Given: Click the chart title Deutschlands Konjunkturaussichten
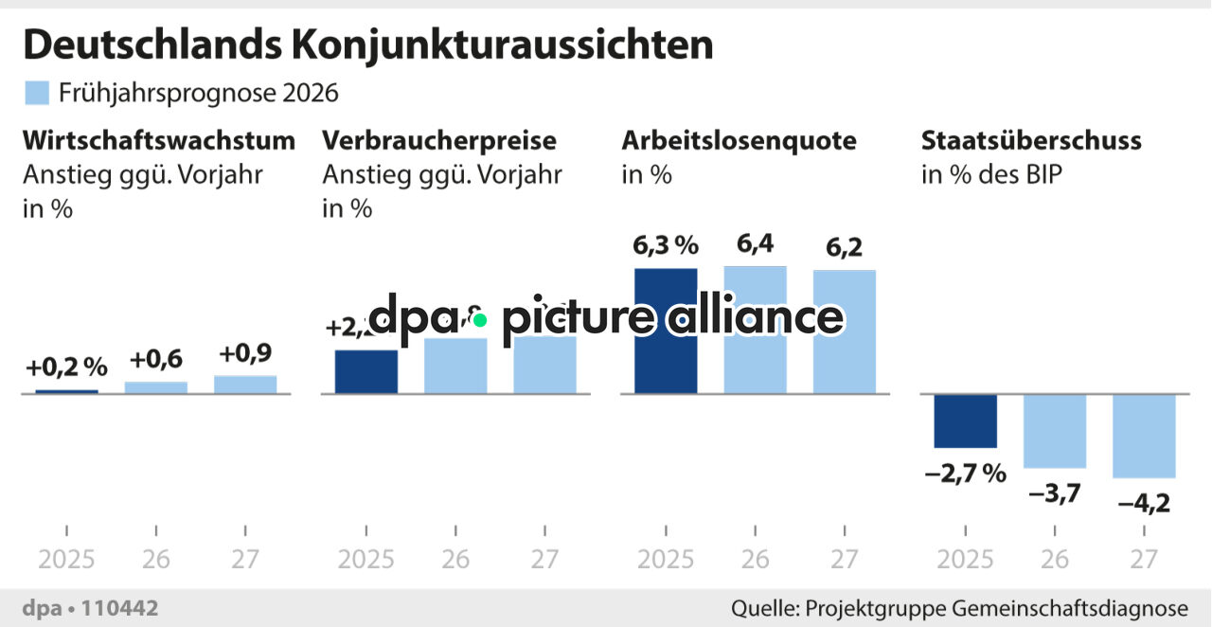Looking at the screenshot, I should click(x=367, y=45).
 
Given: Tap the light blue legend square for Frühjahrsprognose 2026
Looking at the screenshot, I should click(x=36, y=93).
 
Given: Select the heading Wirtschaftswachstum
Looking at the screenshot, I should click(x=159, y=141).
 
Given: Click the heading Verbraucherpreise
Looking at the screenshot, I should click(x=439, y=141).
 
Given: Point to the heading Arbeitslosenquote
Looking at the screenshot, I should click(x=739, y=141).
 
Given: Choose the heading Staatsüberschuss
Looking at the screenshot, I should click(x=1031, y=141).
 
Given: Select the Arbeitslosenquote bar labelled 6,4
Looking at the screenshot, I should click(x=755, y=330).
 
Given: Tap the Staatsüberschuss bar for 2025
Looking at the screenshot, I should click(x=965, y=421).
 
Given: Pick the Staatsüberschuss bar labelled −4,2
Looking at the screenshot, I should click(x=1144, y=436).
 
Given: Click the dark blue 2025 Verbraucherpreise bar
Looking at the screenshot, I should click(x=366, y=371).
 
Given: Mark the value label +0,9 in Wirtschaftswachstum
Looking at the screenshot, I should click(x=246, y=354).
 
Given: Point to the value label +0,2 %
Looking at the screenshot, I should click(x=66, y=367).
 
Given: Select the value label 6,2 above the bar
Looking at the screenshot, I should click(x=844, y=248).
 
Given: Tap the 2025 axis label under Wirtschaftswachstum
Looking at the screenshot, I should click(x=66, y=559).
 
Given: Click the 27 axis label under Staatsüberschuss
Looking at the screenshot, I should click(x=1144, y=559).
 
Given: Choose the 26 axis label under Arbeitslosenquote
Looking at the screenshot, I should click(x=755, y=559).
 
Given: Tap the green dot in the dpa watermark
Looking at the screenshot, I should click(x=480, y=320).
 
